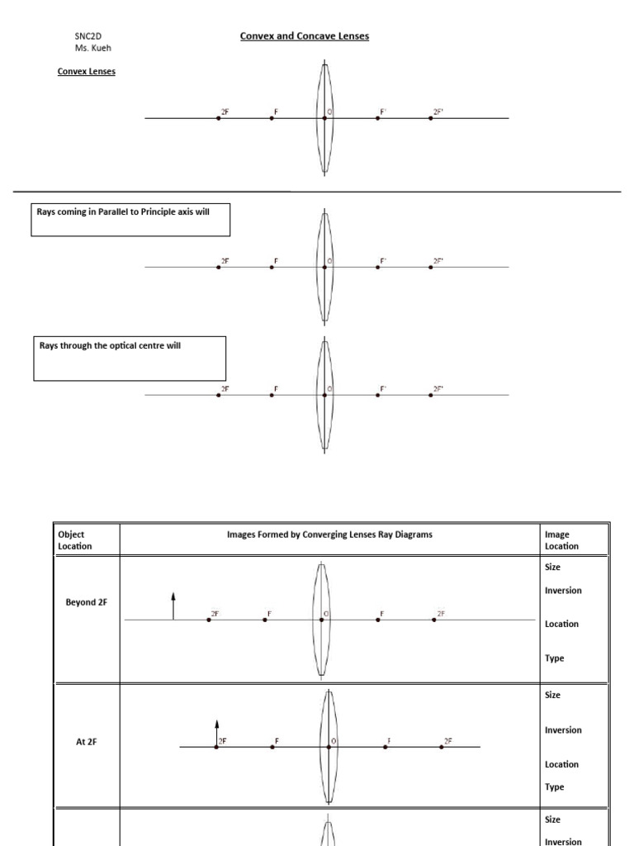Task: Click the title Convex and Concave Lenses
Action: [x=304, y=36]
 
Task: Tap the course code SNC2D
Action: [x=88, y=36]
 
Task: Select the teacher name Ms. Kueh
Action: [x=92, y=48]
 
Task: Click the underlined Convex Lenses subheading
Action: [x=86, y=72]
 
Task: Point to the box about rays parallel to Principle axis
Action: [x=130, y=220]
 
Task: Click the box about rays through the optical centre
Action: [x=130, y=358]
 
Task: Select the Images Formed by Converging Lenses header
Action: [x=329, y=535]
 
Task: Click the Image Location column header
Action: [x=562, y=540]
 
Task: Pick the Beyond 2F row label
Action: [x=87, y=602]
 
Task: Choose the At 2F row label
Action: [x=87, y=742]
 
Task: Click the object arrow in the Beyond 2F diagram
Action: [x=173, y=606]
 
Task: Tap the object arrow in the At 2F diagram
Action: [x=216, y=733]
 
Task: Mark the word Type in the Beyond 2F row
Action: [x=555, y=658]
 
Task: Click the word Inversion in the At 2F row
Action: [x=563, y=730]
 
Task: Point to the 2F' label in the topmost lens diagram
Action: [x=438, y=111]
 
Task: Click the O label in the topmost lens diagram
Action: [x=329, y=111]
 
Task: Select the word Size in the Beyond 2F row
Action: [x=553, y=568]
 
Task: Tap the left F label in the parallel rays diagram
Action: [x=277, y=261]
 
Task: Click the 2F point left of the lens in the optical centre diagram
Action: [x=219, y=395]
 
